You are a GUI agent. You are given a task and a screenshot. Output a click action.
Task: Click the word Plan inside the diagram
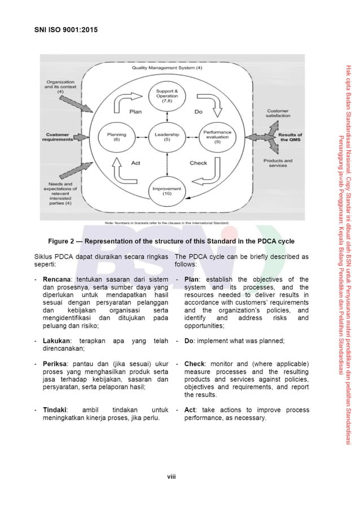(135, 112)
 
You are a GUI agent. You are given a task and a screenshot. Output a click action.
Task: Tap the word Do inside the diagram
(198, 112)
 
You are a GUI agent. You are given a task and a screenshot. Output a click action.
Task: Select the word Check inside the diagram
(198, 163)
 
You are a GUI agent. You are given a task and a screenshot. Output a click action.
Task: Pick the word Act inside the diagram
(135, 163)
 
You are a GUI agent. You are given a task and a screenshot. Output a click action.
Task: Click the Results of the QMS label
(291, 137)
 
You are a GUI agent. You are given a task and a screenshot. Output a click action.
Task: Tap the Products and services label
(278, 163)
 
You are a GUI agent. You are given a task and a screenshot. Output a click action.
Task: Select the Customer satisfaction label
(279, 113)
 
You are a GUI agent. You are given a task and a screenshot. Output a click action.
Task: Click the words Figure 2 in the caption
(63, 241)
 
